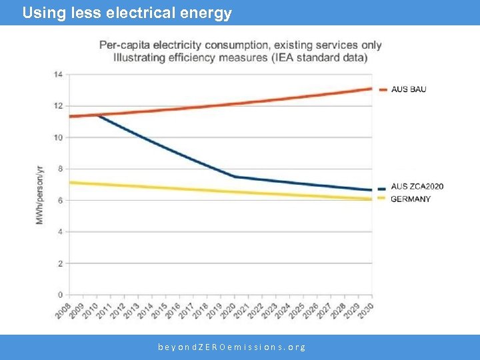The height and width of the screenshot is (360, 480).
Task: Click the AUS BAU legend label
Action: point(408,89)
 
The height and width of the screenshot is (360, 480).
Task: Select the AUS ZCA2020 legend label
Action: point(417,187)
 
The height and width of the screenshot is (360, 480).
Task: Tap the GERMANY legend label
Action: point(410,199)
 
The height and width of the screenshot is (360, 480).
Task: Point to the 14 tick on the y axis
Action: point(59,74)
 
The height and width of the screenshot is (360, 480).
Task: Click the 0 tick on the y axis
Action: point(60,295)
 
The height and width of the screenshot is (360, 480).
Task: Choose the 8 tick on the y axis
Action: point(60,169)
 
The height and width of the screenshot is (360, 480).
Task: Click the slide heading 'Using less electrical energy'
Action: point(127,13)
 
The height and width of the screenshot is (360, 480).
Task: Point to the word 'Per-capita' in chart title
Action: point(125,45)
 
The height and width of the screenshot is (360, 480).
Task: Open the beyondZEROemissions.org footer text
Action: point(232,347)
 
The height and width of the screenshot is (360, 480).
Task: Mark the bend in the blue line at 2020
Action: point(235,177)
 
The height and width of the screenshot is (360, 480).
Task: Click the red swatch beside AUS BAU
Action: point(383,89)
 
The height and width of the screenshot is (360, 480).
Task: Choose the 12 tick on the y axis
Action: point(59,105)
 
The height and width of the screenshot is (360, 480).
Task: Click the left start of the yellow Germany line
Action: point(71,182)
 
